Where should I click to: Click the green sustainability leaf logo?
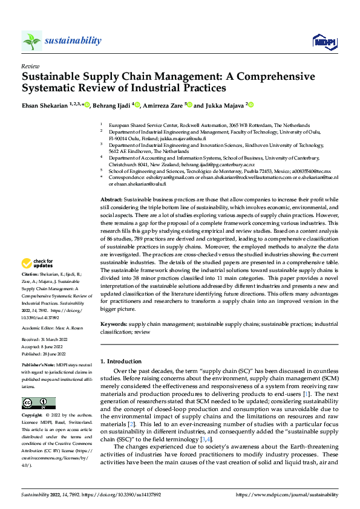pyautogui.click(x=32, y=41)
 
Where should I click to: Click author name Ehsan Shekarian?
pyautogui.click(x=44, y=105)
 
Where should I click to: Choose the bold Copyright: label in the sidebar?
pyautogui.click(x=33, y=417)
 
